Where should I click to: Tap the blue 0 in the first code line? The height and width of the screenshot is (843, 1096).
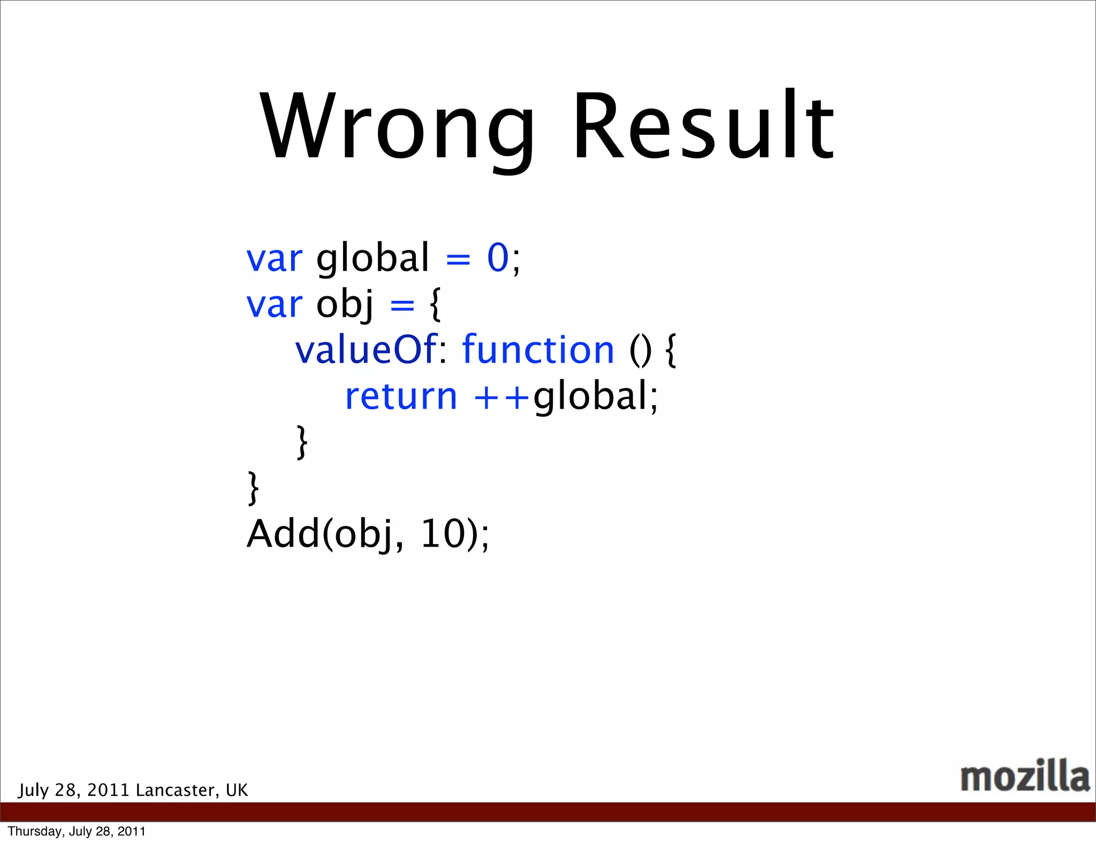click(x=497, y=258)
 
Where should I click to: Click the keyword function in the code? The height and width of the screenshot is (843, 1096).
click(x=538, y=350)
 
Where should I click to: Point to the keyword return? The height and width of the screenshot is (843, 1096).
click(x=401, y=397)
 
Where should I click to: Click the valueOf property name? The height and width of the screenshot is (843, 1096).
click(x=366, y=350)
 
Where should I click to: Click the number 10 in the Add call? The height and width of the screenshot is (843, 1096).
click(x=442, y=534)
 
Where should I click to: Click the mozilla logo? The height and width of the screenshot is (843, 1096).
click(x=1024, y=776)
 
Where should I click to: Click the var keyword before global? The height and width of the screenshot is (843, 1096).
click(x=274, y=259)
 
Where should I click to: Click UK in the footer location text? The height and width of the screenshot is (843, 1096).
click(x=237, y=790)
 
